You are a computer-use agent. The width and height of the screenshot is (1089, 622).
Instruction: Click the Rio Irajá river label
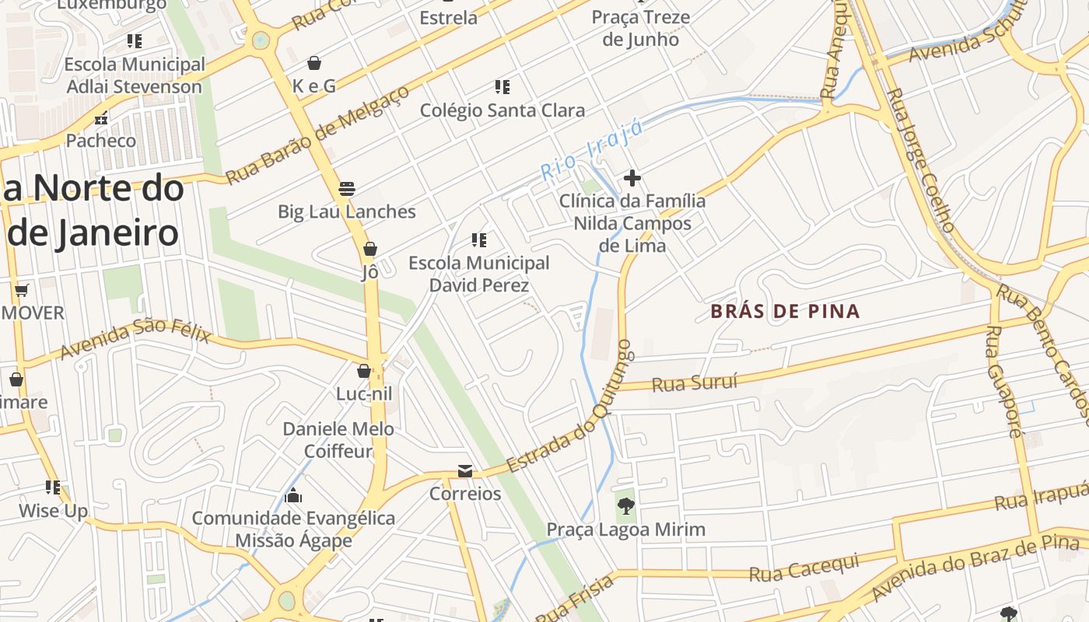(592, 150)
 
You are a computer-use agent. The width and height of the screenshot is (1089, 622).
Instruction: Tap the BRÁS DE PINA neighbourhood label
(785, 312)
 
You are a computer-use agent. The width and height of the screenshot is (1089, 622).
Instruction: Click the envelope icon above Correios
(465, 471)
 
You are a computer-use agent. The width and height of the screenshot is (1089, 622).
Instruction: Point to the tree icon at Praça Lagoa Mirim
(625, 507)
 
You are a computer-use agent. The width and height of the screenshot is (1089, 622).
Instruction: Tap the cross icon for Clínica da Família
(632, 179)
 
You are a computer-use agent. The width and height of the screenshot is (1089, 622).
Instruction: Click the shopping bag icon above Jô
(370, 249)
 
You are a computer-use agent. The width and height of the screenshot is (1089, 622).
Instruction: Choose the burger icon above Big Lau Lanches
(347, 189)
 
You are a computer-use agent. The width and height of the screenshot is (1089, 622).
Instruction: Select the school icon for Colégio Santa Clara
(502, 87)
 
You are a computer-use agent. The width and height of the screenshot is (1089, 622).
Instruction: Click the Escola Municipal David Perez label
(479, 274)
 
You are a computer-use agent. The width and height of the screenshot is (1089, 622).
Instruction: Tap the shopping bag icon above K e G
(314, 63)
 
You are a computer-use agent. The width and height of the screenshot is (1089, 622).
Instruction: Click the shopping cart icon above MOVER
(22, 291)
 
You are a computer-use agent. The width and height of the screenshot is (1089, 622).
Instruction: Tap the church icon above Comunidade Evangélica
(293, 494)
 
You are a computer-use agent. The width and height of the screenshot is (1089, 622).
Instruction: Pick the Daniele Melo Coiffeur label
(338, 440)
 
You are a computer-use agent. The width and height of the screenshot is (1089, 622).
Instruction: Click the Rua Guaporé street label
(1003, 381)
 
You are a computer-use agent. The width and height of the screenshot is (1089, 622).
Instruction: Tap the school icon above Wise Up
(53, 487)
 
